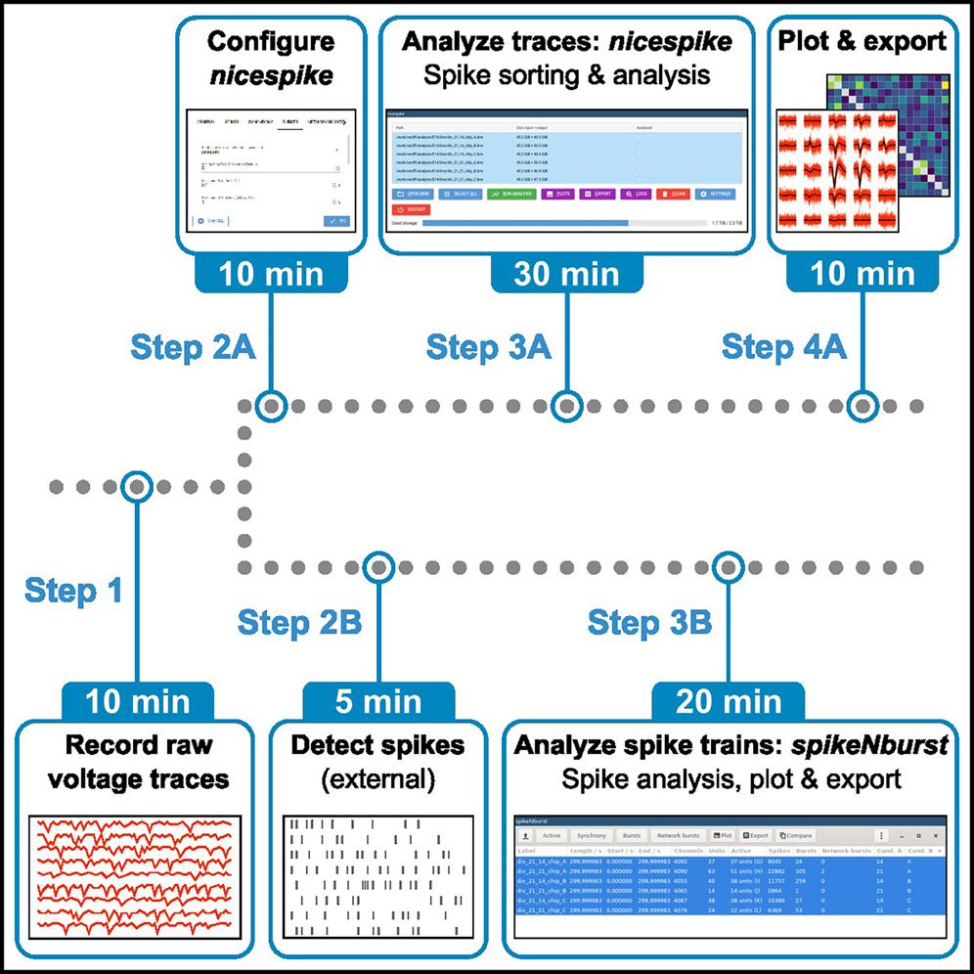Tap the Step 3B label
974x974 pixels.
649,622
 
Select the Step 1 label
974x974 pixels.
73,591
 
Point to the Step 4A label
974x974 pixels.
785,346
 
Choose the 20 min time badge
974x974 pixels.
729,700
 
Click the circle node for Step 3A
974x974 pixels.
565,404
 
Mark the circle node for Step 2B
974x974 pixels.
377,566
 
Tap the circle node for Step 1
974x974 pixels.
137,486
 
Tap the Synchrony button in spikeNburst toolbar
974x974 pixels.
591,836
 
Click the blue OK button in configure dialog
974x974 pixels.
336,221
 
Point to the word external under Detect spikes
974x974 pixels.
378,780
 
